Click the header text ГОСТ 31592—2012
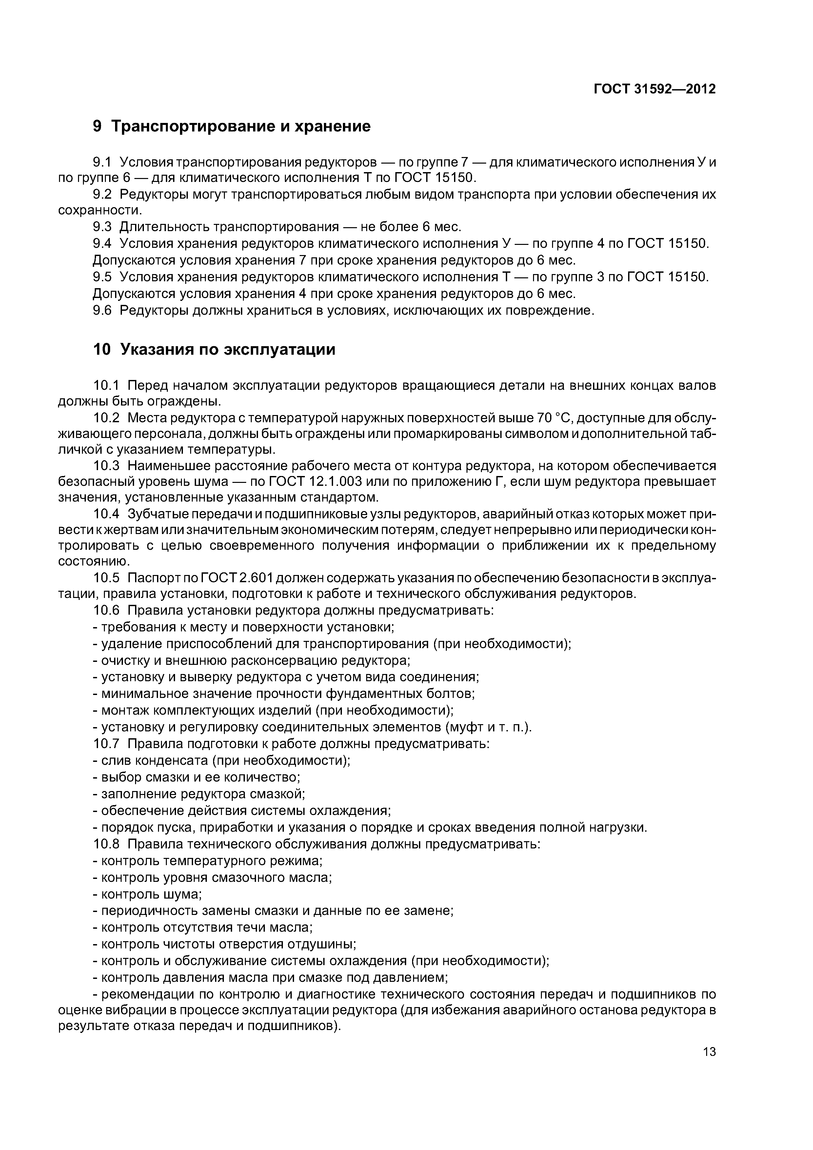(x=654, y=89)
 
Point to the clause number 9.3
(x=102, y=228)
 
